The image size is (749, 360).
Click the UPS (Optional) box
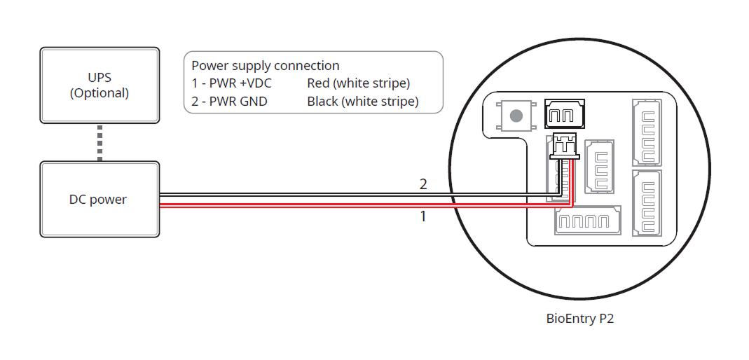[x=99, y=85]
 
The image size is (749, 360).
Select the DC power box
[x=99, y=200]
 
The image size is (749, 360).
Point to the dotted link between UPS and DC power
[x=100, y=142]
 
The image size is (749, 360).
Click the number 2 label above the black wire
[x=423, y=185]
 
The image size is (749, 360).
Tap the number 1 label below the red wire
[x=423, y=216]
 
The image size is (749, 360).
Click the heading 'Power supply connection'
[x=266, y=66]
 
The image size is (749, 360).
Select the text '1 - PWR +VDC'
[x=231, y=83]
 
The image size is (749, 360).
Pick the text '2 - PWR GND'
[x=229, y=102]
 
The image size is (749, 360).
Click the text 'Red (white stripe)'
[x=358, y=83]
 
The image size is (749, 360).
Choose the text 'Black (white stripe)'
[x=362, y=102]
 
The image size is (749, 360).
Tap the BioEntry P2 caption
[x=580, y=319]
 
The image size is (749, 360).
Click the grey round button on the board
[x=517, y=116]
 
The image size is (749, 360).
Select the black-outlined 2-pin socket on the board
[x=565, y=114]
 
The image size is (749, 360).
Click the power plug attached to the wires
[x=565, y=145]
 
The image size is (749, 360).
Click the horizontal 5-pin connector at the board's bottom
[x=588, y=221]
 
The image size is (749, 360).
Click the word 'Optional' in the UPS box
[x=99, y=93]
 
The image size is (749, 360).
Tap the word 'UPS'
[x=99, y=77]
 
